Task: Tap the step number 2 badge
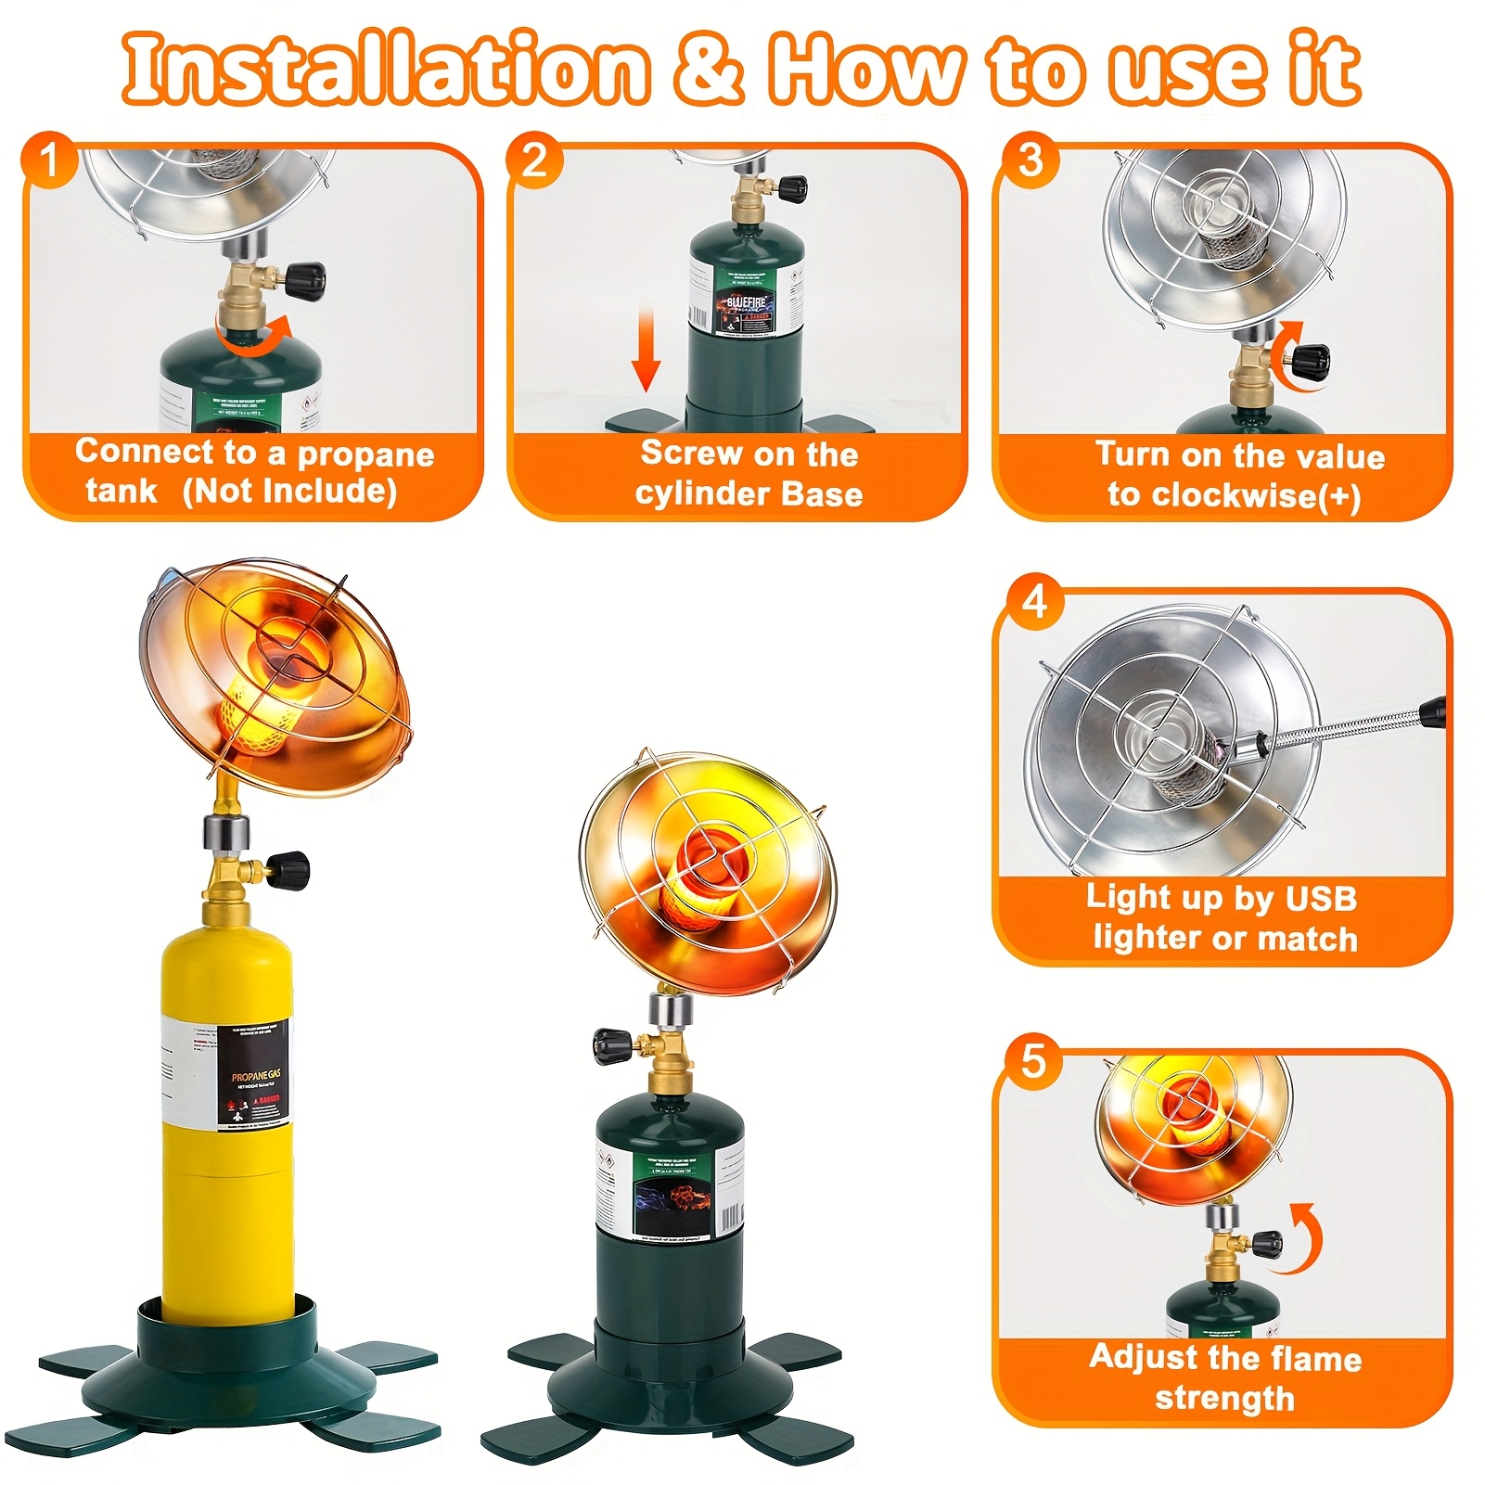point(534,160)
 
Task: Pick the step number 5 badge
point(1033,1060)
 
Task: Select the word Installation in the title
point(385,69)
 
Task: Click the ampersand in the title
point(708,69)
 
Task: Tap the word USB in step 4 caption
point(1322,898)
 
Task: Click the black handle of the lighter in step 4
point(1432,711)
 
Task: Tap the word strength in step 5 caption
point(1224,1398)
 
